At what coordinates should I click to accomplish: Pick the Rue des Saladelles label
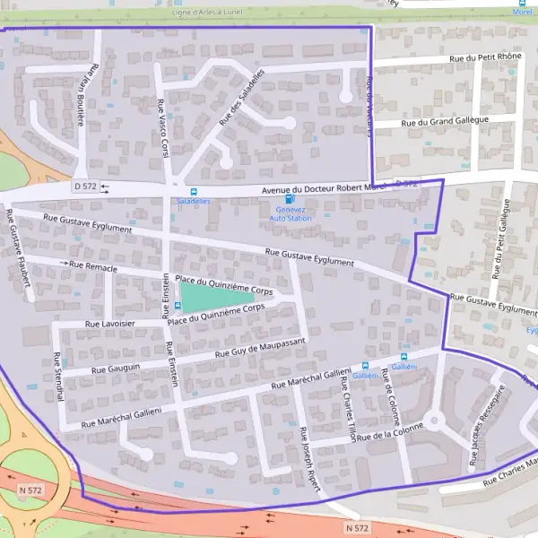pyautogui.click(x=241, y=102)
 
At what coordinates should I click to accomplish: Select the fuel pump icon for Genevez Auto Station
pyautogui.click(x=288, y=200)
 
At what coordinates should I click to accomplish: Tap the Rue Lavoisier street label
pyautogui.click(x=110, y=323)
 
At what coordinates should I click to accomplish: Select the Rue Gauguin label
pyautogui.click(x=116, y=368)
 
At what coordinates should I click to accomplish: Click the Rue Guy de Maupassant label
pyautogui.click(x=261, y=348)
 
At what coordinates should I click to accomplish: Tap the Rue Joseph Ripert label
pyautogui.click(x=310, y=466)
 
